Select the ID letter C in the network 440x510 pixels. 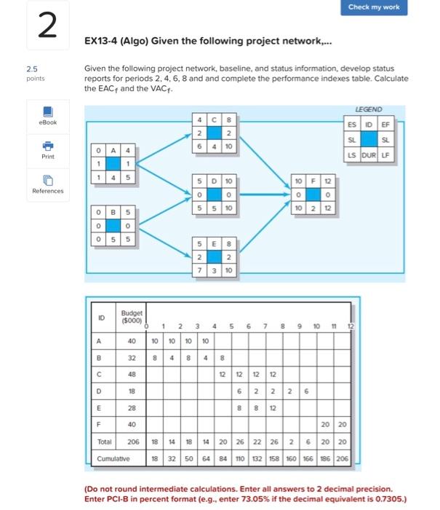[216, 119]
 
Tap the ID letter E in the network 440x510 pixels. [216, 243]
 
